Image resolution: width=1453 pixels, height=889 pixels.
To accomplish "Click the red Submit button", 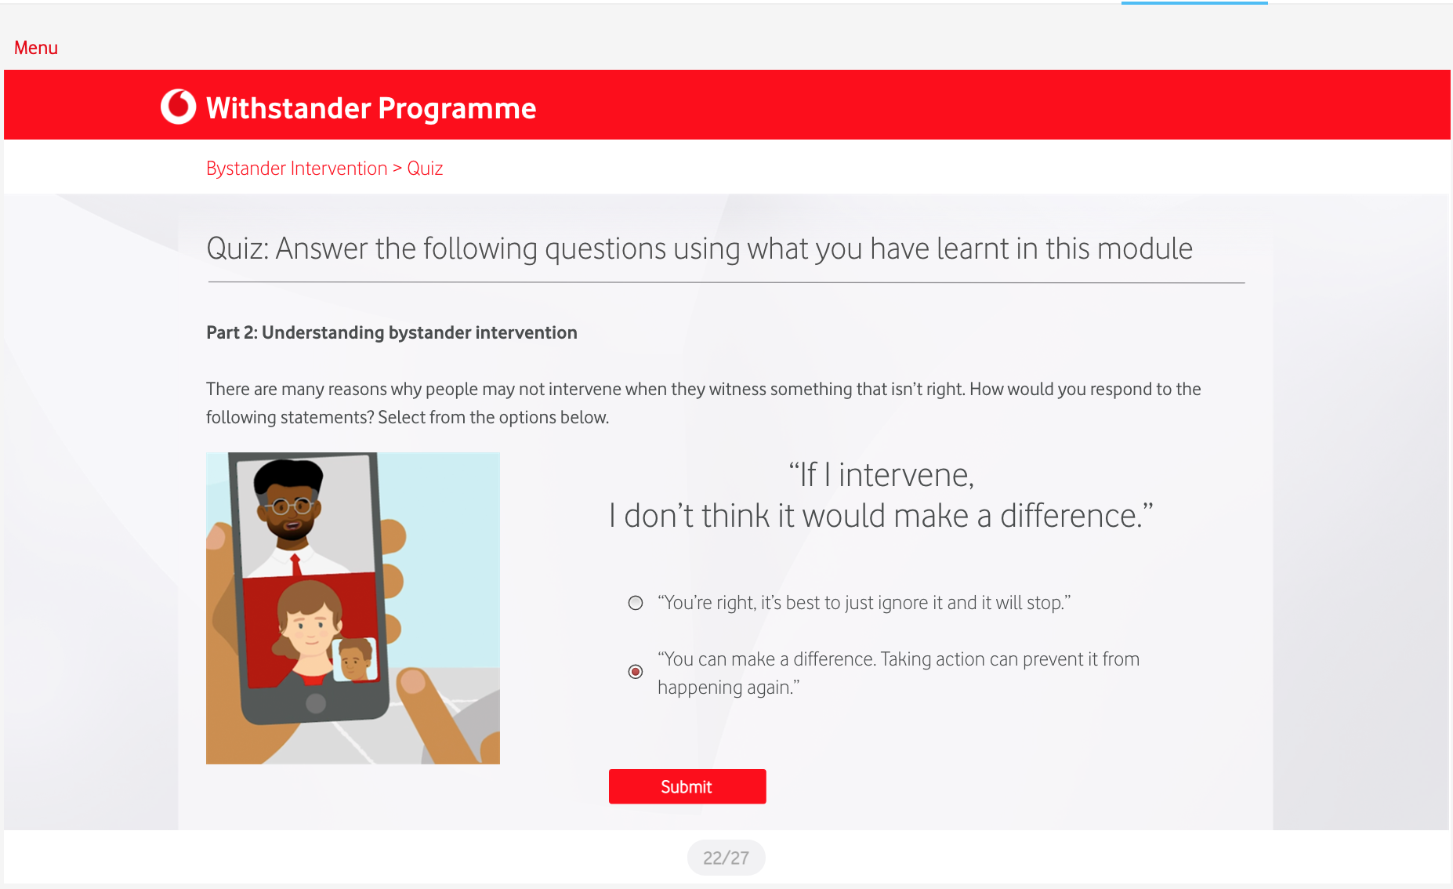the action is [x=687, y=786].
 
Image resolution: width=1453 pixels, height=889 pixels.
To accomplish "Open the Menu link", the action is [x=36, y=48].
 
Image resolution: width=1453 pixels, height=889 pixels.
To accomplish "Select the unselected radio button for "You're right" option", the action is [x=636, y=603].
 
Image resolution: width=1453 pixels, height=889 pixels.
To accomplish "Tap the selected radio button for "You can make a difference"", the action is [x=636, y=672].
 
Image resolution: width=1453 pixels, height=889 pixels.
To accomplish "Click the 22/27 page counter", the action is [x=726, y=858].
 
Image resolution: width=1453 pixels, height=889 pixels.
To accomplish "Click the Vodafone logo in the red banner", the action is [x=179, y=107].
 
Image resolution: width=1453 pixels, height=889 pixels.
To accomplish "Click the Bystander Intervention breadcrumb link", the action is [x=297, y=169].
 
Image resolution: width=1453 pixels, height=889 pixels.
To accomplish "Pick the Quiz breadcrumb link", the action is [x=425, y=169].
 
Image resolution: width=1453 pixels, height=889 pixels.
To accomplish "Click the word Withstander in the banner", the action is [x=288, y=108].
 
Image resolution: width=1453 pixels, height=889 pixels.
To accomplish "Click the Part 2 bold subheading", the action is [x=392, y=332].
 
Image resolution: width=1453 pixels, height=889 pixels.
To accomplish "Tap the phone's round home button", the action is [x=316, y=703].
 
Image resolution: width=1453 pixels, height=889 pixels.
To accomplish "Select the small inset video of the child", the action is [x=355, y=659].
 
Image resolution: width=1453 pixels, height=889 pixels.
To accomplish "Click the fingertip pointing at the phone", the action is [x=414, y=681].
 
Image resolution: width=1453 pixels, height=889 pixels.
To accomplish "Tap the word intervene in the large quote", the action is [x=906, y=475].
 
